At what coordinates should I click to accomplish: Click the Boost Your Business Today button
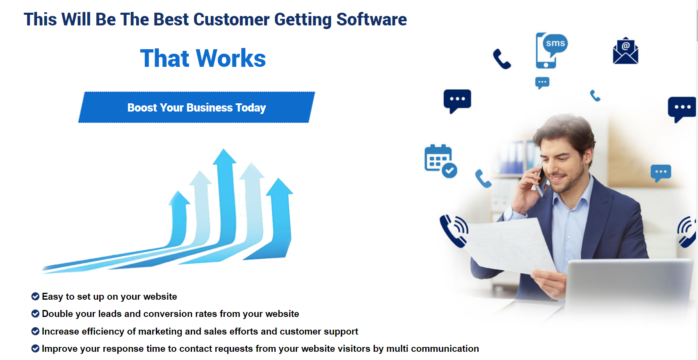pyautogui.click(x=196, y=107)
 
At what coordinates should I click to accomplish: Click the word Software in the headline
pyautogui.click(x=372, y=19)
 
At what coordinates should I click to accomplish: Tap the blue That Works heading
pyautogui.click(x=203, y=58)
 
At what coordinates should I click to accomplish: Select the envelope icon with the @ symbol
pyautogui.click(x=625, y=51)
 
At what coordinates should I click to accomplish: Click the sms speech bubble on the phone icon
pyautogui.click(x=555, y=43)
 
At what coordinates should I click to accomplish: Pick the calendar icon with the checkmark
pyautogui.click(x=440, y=161)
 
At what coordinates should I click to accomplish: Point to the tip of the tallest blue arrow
pyautogui.click(x=224, y=149)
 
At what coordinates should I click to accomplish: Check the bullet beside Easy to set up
pyautogui.click(x=35, y=296)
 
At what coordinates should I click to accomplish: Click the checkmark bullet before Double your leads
pyautogui.click(x=35, y=314)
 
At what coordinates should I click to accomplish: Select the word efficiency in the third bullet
pyautogui.click(x=103, y=331)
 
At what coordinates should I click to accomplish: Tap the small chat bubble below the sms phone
pyautogui.click(x=542, y=83)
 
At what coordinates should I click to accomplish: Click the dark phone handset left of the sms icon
pyautogui.click(x=502, y=59)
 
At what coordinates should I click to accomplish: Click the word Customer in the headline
pyautogui.click(x=231, y=19)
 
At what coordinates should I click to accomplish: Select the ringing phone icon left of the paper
pyautogui.click(x=454, y=231)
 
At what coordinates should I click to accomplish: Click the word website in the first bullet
pyautogui.click(x=160, y=296)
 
